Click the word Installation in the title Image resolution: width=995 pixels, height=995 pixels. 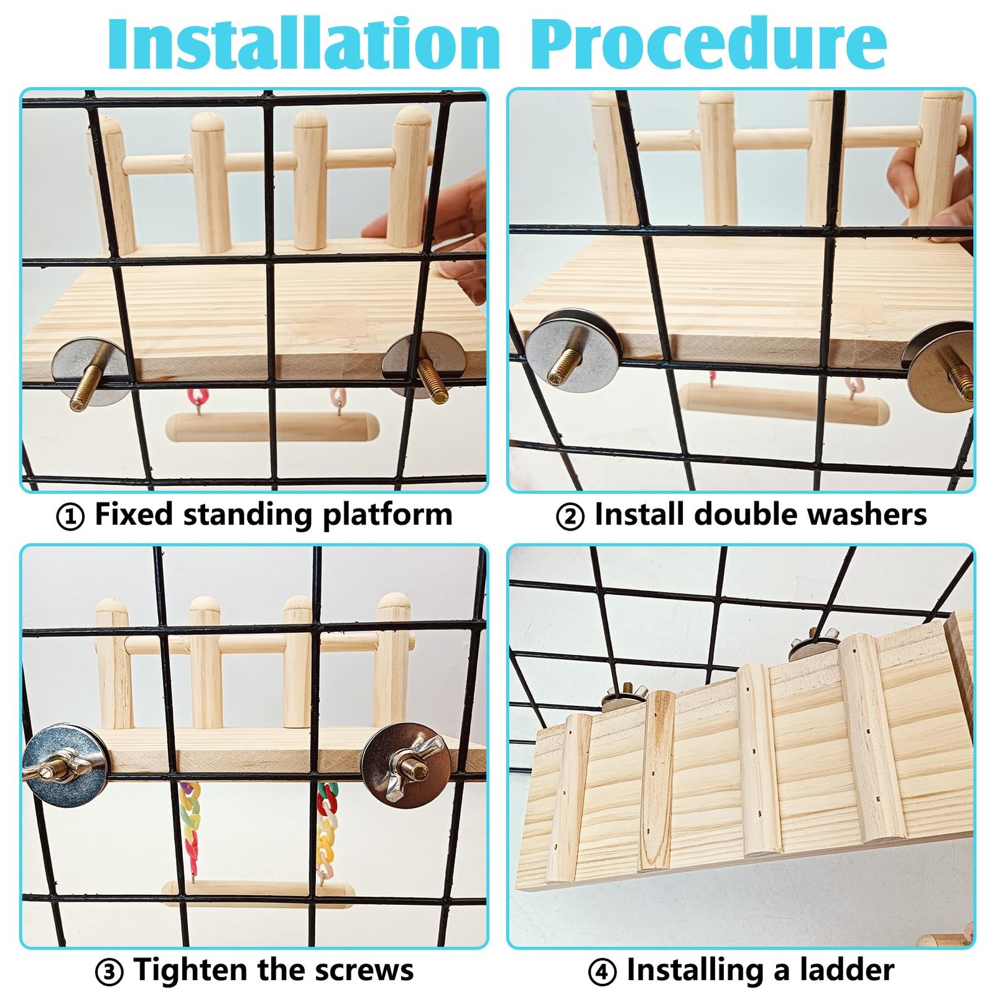click(303, 44)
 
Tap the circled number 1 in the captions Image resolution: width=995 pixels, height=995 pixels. click(70, 516)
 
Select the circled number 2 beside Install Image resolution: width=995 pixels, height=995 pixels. click(570, 516)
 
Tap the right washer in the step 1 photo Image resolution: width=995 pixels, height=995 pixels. click(415, 364)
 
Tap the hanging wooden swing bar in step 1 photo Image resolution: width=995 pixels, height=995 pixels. click(272, 428)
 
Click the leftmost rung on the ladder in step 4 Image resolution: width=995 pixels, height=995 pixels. click(567, 797)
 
